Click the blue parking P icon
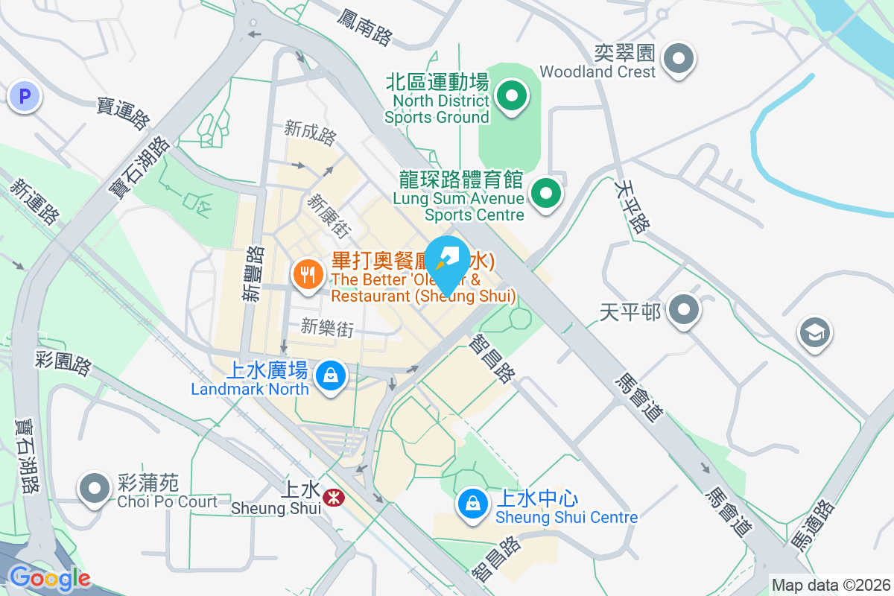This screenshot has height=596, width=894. [x=25, y=96]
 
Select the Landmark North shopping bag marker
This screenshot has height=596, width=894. [x=330, y=375]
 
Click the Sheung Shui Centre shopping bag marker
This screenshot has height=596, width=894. [x=472, y=504]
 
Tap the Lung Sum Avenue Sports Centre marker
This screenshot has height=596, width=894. [x=546, y=194]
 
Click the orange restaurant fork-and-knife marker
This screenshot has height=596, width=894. [x=307, y=275]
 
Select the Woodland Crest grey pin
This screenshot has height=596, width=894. [x=679, y=58]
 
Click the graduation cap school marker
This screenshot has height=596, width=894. [x=815, y=333]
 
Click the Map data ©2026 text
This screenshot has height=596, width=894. [x=831, y=585]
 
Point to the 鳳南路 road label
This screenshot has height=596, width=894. [x=364, y=28]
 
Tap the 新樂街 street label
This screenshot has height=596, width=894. [x=327, y=327]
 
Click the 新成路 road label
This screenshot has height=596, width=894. [x=310, y=133]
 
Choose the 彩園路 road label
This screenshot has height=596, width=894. [x=63, y=364]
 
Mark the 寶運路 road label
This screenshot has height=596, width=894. [x=124, y=112]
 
